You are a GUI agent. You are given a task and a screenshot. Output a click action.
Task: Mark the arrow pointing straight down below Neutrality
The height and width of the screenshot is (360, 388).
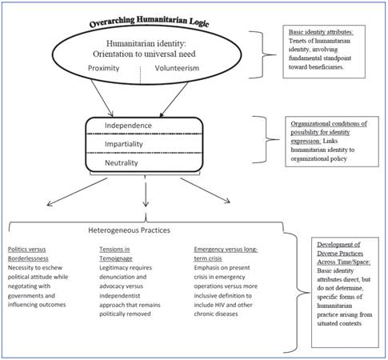(145, 194)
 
